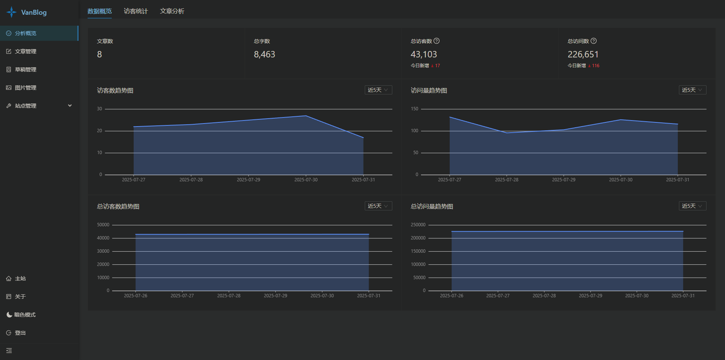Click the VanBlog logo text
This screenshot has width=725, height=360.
point(34,12)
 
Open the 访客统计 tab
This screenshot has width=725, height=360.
point(136,11)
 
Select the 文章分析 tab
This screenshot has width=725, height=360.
point(172,11)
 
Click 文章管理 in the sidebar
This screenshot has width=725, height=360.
point(25,51)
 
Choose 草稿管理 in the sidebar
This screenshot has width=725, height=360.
point(25,70)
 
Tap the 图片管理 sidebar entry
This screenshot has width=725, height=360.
point(25,88)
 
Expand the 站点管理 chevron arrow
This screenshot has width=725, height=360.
point(70,106)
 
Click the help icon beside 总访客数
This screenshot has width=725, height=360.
point(437,41)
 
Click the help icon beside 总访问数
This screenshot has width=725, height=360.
point(594,41)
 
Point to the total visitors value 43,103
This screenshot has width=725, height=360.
point(424,54)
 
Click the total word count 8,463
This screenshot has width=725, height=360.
point(264,54)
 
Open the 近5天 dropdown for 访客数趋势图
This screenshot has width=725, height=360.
point(378,90)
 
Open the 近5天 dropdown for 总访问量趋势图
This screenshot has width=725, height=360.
point(692,206)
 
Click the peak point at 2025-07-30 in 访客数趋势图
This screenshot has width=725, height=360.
point(306,116)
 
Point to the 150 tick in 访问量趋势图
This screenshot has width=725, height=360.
point(415,109)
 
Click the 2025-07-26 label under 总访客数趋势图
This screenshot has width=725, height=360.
point(136,296)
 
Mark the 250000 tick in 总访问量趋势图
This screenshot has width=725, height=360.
point(418,225)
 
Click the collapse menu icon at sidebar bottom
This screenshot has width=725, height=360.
point(9,351)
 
